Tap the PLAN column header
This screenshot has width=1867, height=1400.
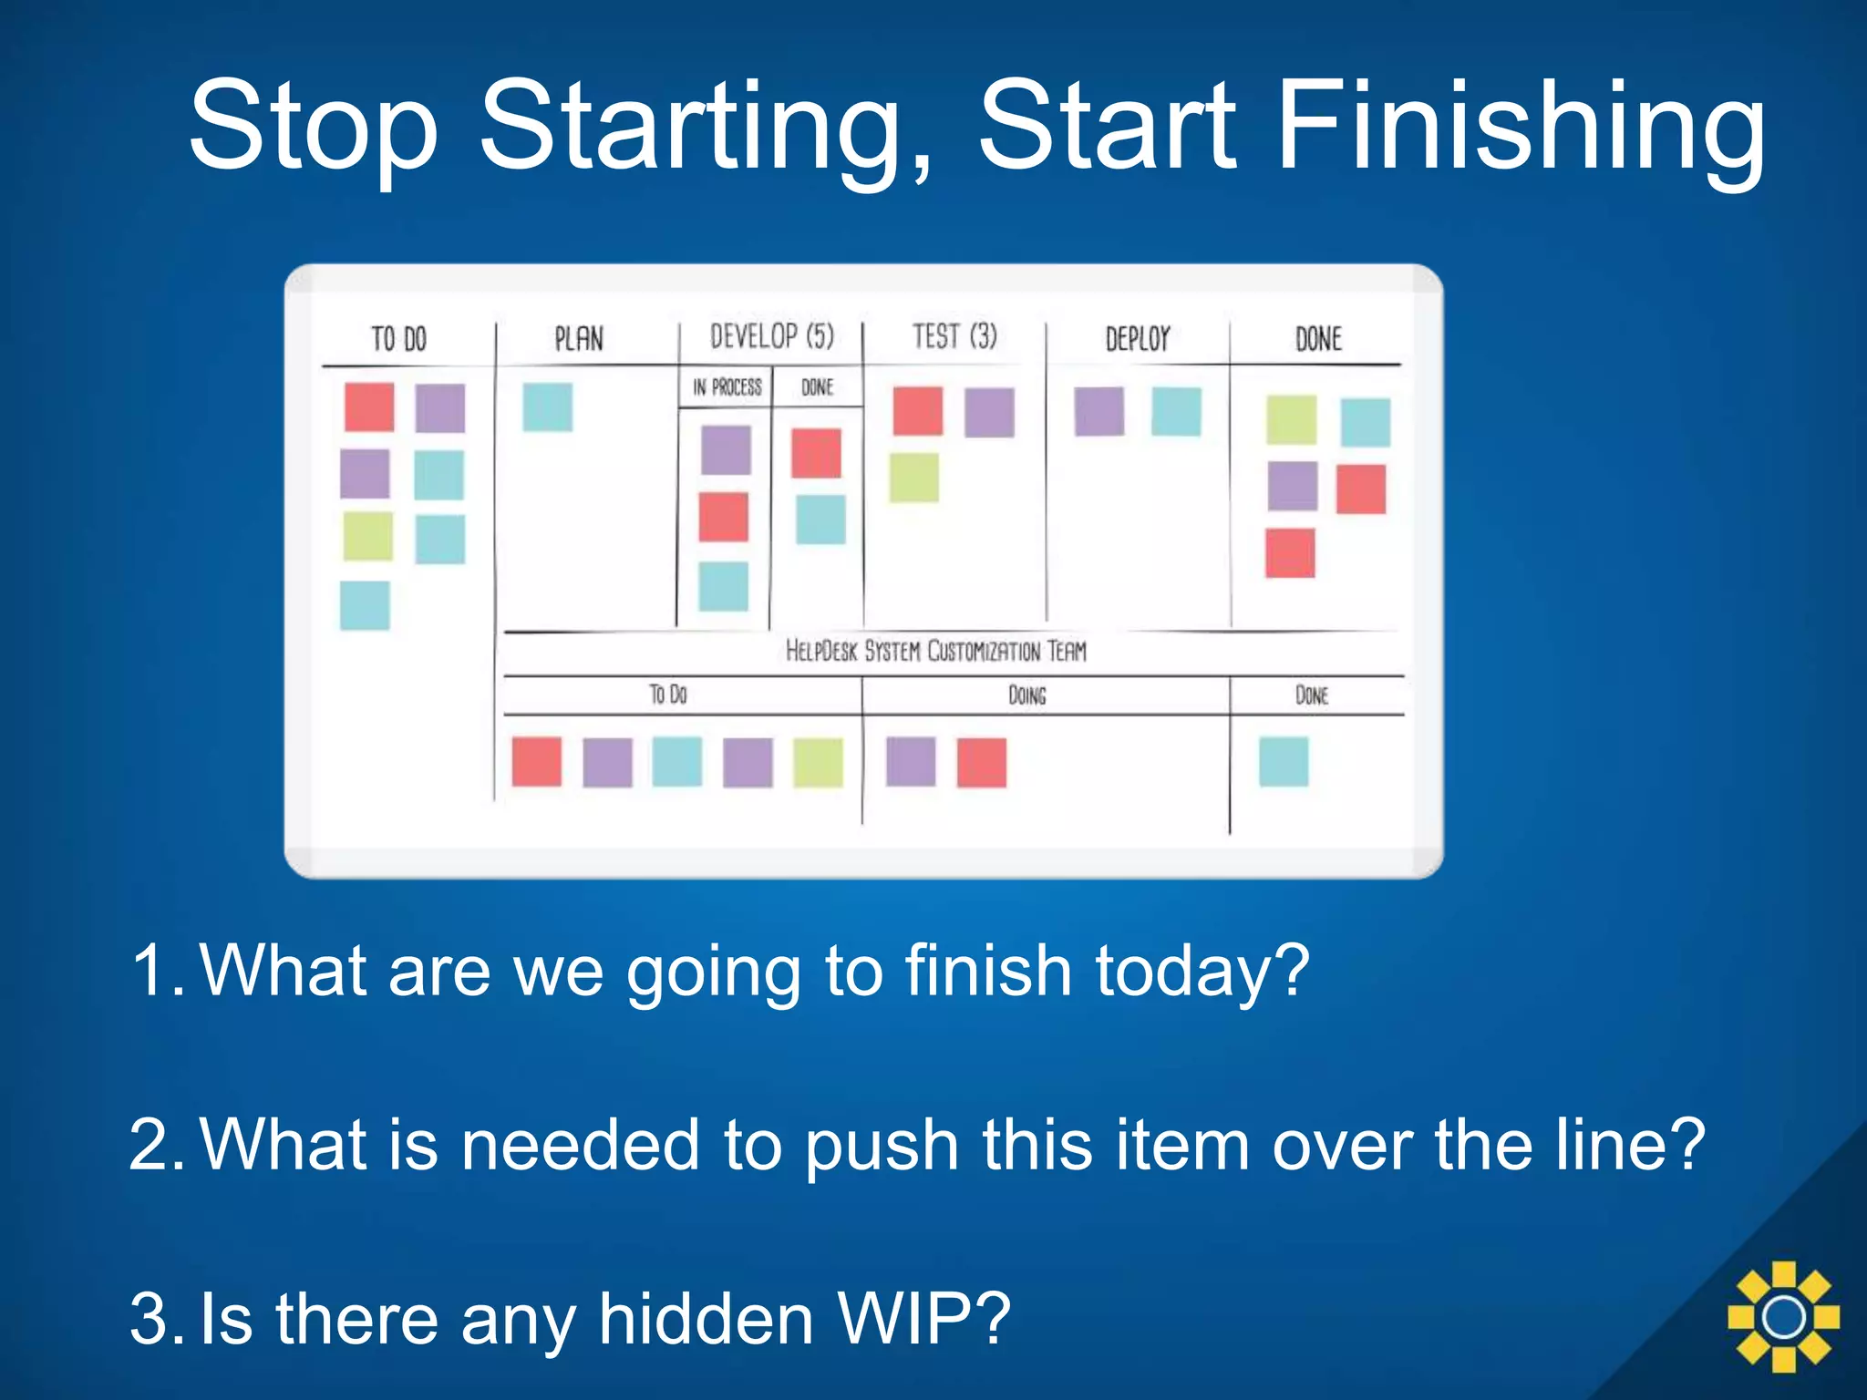coord(579,339)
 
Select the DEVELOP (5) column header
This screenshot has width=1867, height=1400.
coord(772,336)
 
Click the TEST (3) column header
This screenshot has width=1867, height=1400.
coord(954,336)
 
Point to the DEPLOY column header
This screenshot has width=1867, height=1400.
coord(1137,339)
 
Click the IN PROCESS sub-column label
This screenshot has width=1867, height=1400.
coord(727,387)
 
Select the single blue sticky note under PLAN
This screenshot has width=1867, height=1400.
coord(547,407)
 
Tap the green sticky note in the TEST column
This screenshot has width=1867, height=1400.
coord(914,477)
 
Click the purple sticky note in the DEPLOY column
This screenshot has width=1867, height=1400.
coord(1099,411)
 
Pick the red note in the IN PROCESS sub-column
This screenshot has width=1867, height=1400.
coord(724,517)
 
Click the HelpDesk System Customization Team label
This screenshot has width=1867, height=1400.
coord(936,651)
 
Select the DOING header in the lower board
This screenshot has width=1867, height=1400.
coord(1026,695)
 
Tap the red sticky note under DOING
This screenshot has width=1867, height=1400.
coord(982,762)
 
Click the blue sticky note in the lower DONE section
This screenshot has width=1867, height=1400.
coord(1284,761)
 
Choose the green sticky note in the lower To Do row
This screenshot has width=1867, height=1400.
coord(818,762)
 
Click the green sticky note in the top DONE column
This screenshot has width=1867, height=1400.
coord(1291,419)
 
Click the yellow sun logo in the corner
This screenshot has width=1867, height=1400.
coord(1783,1316)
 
